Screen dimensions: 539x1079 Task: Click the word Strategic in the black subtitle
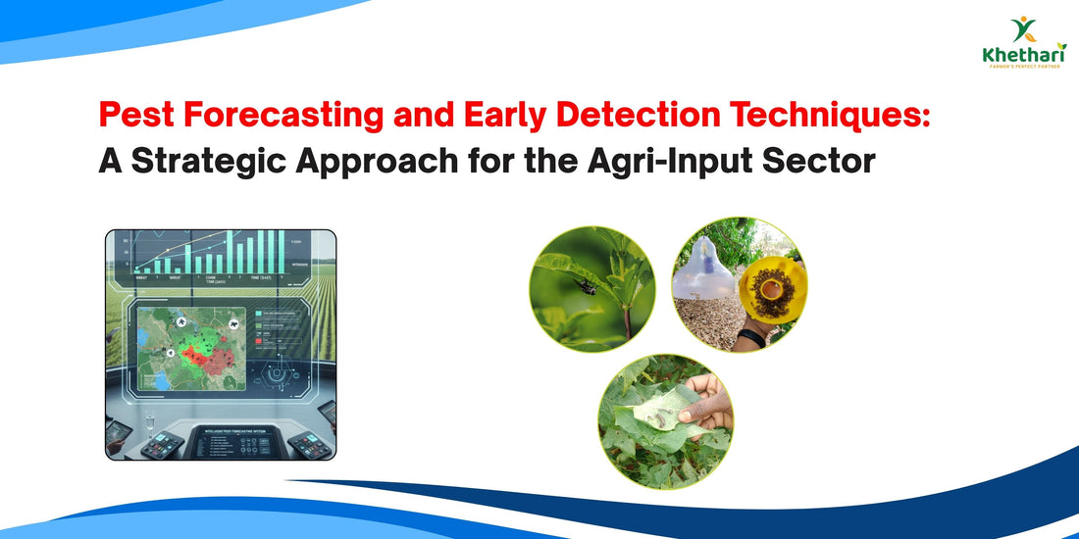coord(232,161)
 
